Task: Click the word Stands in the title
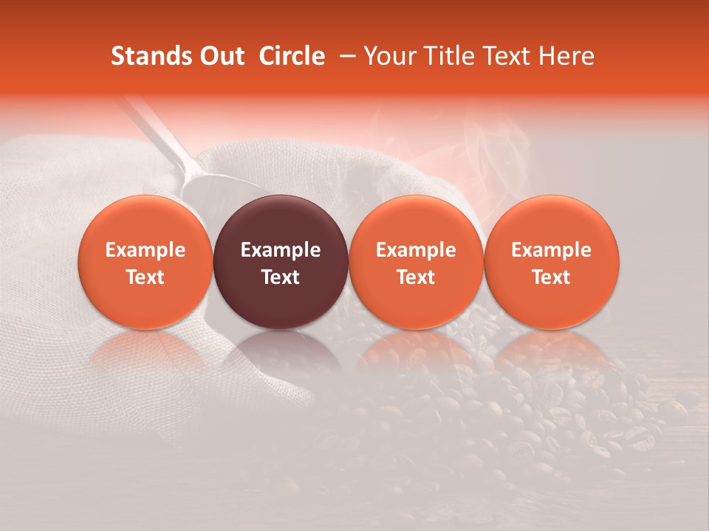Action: (145, 56)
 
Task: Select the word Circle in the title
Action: (292, 56)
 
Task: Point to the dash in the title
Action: (344, 56)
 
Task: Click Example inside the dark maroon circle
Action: (281, 250)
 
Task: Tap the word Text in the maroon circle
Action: (281, 277)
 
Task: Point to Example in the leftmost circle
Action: (145, 250)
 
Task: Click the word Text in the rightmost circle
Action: (552, 277)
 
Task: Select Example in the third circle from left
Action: (416, 250)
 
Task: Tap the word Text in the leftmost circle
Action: (145, 277)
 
